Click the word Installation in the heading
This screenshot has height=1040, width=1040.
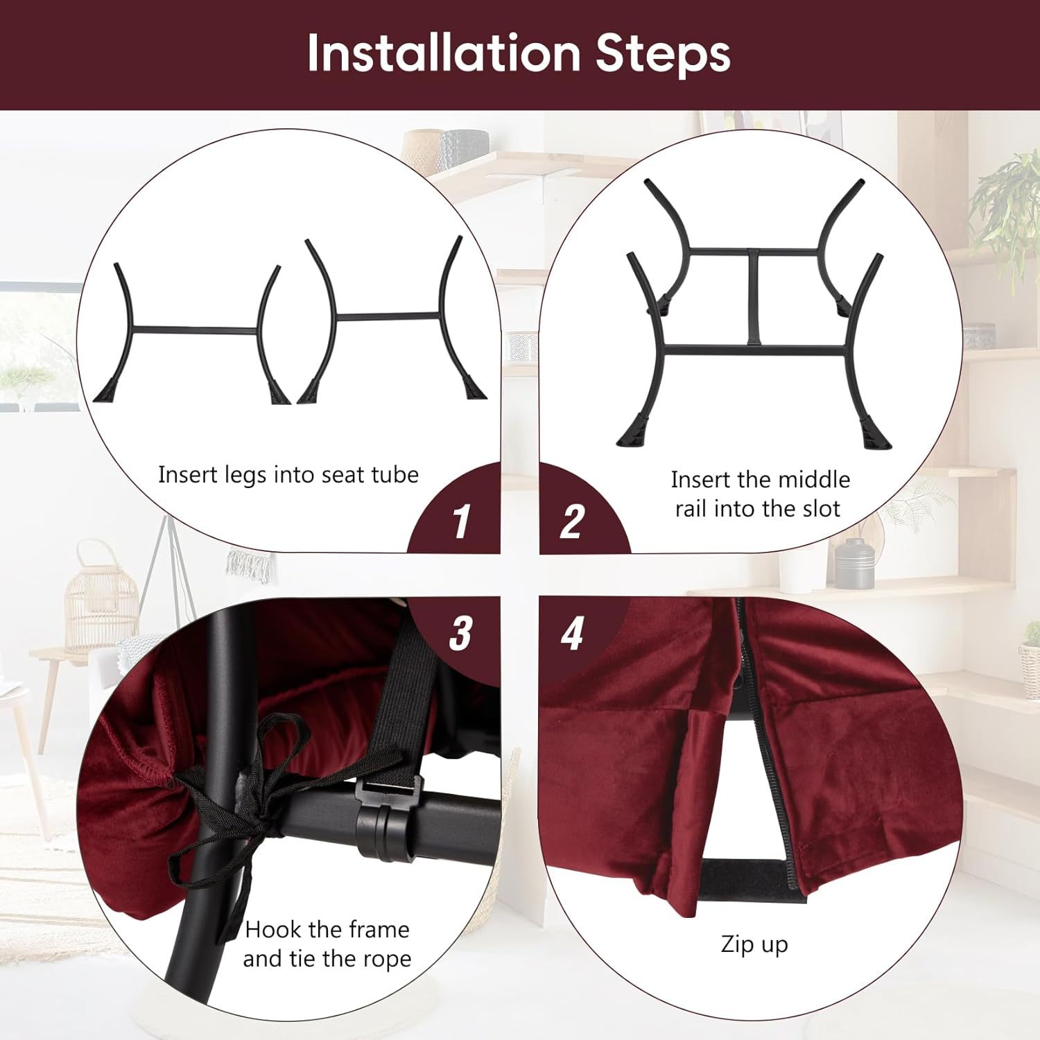[444, 53]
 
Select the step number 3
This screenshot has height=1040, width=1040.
[460, 633]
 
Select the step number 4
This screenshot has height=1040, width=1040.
[573, 633]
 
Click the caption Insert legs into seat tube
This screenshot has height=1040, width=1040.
[288, 475]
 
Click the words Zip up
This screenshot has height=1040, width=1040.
[754, 945]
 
